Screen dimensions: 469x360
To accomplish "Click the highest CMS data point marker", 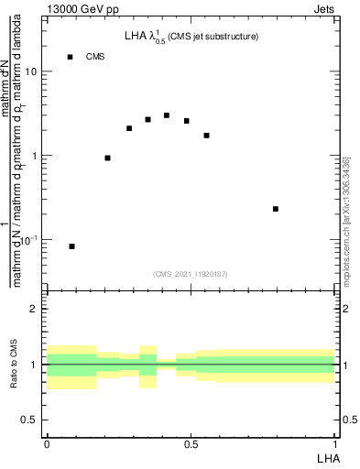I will click(167, 115).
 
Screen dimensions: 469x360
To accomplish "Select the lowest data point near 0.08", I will click(72, 246).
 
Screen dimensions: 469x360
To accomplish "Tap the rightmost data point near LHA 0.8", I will click(276, 209).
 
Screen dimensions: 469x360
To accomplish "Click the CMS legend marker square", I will click(70, 57).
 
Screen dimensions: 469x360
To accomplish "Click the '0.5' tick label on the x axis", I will click(191, 444).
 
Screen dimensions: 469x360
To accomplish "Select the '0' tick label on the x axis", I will click(47, 444).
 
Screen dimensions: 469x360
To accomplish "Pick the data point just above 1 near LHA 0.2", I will click(108, 158).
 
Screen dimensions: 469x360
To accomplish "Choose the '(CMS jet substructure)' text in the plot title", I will click(213, 37).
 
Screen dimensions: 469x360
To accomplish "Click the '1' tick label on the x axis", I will click(335, 444).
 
